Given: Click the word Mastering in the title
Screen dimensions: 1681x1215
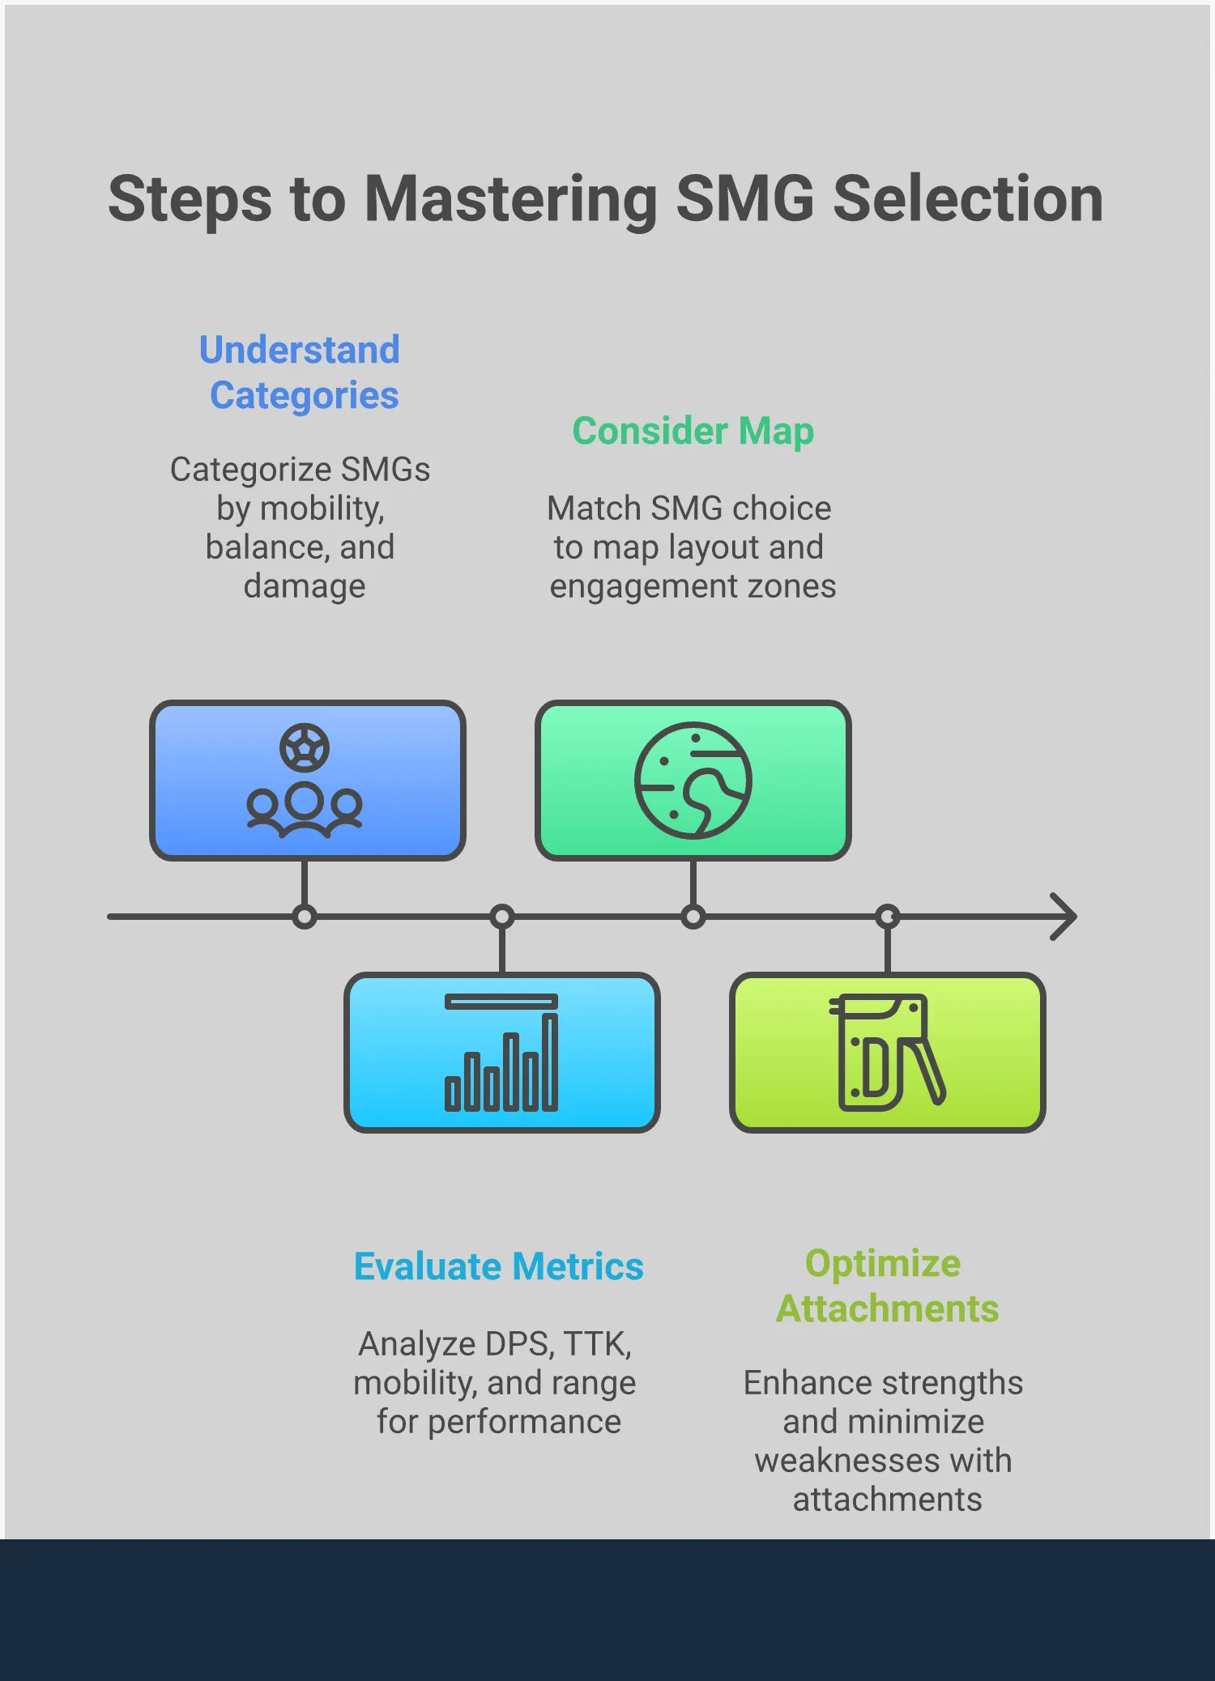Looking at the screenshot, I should [510, 200].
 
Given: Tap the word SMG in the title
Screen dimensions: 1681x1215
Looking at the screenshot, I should [744, 200].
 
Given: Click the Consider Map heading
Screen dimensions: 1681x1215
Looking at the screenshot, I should [693, 431].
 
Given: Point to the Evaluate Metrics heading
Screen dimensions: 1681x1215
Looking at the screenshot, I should [498, 1266].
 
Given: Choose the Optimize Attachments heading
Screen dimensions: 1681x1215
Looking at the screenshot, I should [886, 1286].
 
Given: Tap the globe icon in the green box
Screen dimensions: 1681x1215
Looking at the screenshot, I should [693, 780].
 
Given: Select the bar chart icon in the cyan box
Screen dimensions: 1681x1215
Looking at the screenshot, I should [501, 1053].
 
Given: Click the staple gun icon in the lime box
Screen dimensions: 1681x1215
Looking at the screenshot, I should [887, 1053].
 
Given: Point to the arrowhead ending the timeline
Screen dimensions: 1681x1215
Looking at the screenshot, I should [1065, 917].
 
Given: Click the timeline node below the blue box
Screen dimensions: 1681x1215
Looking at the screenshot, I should [305, 917].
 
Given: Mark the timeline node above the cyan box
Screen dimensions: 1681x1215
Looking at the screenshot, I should [502, 917].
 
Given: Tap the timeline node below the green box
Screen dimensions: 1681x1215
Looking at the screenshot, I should [693, 917].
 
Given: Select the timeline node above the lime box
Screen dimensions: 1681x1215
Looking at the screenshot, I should [888, 917].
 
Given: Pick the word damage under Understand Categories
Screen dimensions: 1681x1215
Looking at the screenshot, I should [305, 586].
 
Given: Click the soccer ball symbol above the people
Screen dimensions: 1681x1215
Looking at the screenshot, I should [305, 747].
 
